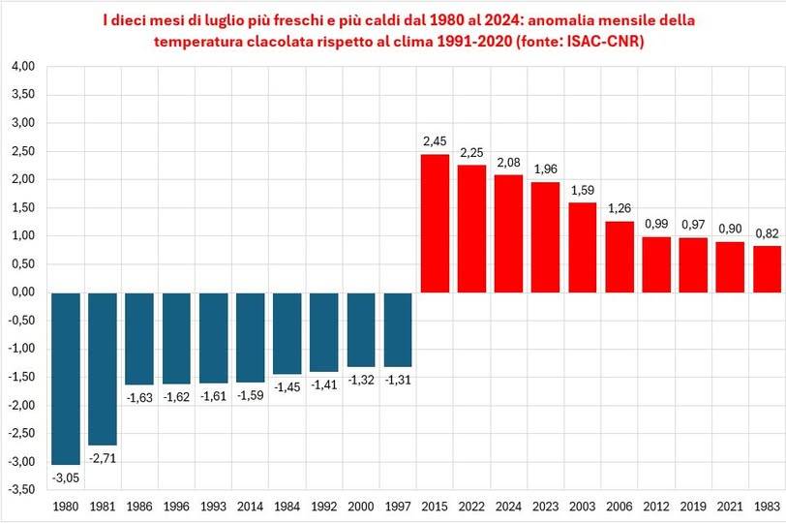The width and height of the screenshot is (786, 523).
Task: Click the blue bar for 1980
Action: click(66, 378)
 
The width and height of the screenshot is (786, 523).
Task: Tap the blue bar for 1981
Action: click(103, 368)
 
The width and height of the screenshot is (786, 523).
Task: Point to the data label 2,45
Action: click(435, 142)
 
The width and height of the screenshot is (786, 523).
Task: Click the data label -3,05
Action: click(66, 477)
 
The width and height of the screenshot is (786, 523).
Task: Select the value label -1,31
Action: click(398, 380)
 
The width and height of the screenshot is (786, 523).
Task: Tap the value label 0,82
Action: click(767, 233)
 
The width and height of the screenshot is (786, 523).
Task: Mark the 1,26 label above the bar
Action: click(620, 208)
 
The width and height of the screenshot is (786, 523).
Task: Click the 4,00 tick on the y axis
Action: click(22, 66)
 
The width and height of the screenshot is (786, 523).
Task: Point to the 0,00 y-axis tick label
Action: click(22, 292)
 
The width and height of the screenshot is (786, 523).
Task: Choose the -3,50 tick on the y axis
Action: click(20, 489)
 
